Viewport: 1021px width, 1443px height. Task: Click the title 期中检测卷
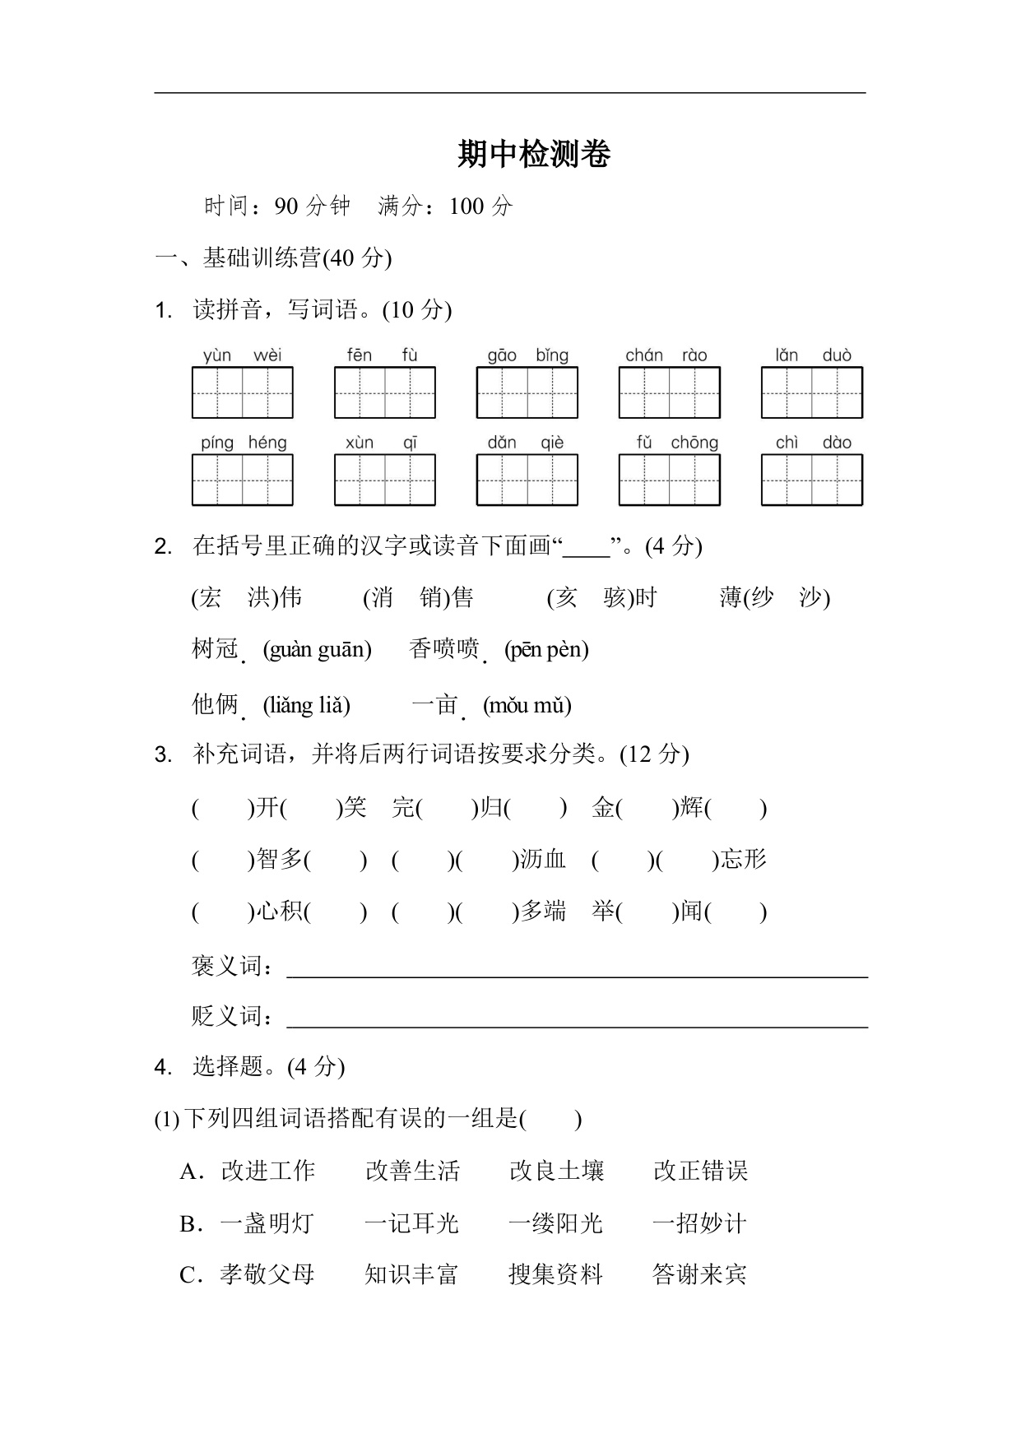(x=534, y=155)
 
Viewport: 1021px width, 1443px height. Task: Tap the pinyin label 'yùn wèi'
(x=242, y=355)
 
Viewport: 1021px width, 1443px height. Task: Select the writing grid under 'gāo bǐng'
(x=527, y=393)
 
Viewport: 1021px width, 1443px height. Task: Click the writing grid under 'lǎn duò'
(x=811, y=393)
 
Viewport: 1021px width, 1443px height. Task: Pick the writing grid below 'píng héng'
(x=242, y=480)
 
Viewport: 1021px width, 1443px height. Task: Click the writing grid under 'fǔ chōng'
(x=669, y=480)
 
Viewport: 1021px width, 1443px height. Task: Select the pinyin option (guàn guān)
(x=317, y=650)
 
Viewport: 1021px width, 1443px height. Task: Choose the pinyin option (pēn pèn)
(x=546, y=650)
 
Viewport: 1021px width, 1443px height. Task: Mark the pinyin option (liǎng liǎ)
(x=306, y=705)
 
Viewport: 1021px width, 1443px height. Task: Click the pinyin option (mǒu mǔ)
(x=527, y=705)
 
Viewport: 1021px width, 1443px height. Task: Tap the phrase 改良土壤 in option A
(x=556, y=1171)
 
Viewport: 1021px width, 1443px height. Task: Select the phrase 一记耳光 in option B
(x=411, y=1223)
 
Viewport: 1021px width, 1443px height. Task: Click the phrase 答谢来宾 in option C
(x=699, y=1274)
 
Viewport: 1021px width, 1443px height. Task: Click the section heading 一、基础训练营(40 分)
(x=273, y=258)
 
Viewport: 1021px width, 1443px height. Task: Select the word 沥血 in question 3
(x=542, y=860)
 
